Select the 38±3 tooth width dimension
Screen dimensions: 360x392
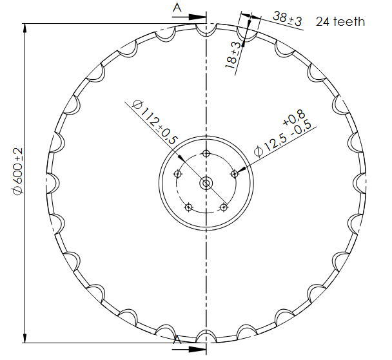click(287, 18)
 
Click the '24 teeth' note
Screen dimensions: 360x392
click(340, 21)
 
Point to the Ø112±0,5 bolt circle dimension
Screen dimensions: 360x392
click(154, 122)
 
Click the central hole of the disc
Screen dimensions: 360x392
click(206, 183)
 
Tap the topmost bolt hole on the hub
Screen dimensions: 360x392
click(206, 153)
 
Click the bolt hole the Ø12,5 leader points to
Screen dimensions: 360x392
click(235, 173)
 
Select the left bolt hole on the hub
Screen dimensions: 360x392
click(178, 173)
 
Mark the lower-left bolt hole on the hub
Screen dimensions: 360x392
click(188, 207)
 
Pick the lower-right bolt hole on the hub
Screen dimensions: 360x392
click(224, 207)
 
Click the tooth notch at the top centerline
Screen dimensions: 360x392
click(206, 29)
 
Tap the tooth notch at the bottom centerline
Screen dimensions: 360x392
click(206, 336)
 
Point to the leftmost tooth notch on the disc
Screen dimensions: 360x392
click(53, 183)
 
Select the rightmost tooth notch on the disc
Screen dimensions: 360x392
click(360, 183)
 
